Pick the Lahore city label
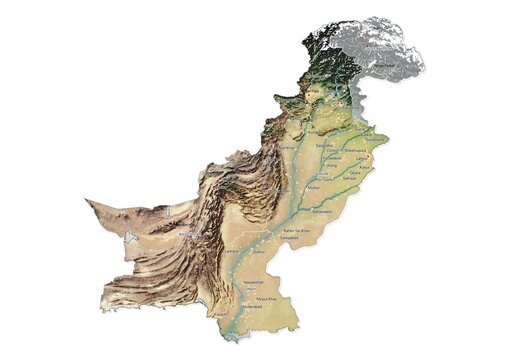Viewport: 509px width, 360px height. pos(363,156)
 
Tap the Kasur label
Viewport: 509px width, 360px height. pos(363,166)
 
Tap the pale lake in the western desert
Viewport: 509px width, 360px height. pos(131,240)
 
